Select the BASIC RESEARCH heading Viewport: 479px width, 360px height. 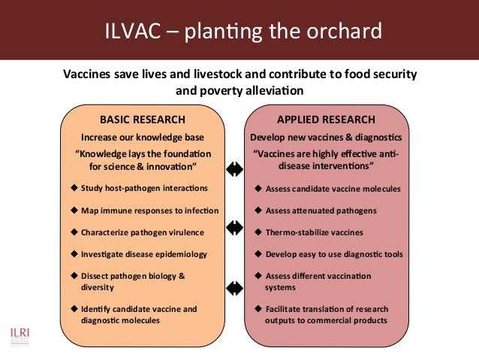point(143,119)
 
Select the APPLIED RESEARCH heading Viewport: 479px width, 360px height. point(326,119)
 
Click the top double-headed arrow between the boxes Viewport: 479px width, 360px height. point(235,168)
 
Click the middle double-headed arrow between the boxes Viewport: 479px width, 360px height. point(235,226)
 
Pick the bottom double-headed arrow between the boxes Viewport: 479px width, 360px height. point(235,286)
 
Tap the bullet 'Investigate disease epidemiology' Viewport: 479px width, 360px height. point(143,254)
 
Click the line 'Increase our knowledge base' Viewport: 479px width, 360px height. point(143,138)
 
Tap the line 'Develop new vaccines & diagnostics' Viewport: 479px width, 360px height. point(326,138)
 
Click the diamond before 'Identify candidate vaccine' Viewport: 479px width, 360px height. point(74,309)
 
